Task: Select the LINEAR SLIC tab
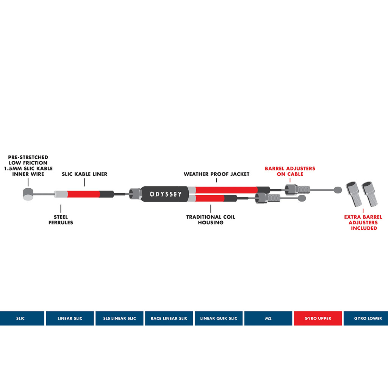pos(70,318)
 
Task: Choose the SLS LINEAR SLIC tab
pos(119,318)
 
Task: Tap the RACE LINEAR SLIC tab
pos(169,318)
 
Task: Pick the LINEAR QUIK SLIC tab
pos(219,318)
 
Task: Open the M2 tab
pos(268,318)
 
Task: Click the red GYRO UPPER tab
pos(318,318)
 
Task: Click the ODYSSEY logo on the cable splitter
pos(166,194)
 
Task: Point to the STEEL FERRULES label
pos(61,220)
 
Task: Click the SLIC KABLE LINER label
pos(84,174)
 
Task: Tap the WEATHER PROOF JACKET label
pos(216,174)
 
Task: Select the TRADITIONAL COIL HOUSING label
pos(211,220)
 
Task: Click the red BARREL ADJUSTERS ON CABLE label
pos(290,171)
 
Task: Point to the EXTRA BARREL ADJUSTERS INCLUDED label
pos(363,222)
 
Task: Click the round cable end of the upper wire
pos(337,189)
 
